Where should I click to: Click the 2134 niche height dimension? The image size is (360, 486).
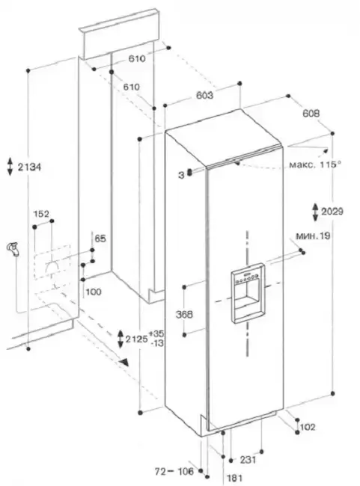29,167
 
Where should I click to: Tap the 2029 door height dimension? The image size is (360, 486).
332,212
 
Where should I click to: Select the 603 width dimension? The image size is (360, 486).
204,95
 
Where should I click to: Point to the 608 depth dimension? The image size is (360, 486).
311,114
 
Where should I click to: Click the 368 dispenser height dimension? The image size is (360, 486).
184,315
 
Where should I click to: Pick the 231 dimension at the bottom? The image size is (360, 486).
248,460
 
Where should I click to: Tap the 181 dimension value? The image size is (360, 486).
235,479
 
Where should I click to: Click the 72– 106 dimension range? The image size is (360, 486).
174,472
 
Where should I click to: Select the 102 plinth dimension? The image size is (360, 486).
308,427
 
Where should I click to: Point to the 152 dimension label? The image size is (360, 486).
41,214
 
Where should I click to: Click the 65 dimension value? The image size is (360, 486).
100,239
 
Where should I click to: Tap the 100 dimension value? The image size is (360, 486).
94,292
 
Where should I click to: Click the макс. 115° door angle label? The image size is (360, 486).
315,164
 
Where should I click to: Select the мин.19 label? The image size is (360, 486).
313,236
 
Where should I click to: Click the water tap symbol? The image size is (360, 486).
13,249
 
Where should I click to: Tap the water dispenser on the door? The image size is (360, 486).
248,293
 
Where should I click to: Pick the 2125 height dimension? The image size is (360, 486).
136,339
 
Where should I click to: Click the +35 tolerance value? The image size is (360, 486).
156,334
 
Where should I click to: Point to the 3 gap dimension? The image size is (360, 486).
181,176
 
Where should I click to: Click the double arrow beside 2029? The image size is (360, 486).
315,212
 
